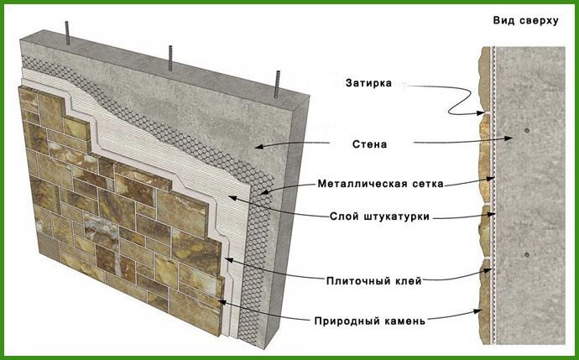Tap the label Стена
369,144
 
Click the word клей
406,281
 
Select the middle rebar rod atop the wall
171,56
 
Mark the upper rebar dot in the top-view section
524,131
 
